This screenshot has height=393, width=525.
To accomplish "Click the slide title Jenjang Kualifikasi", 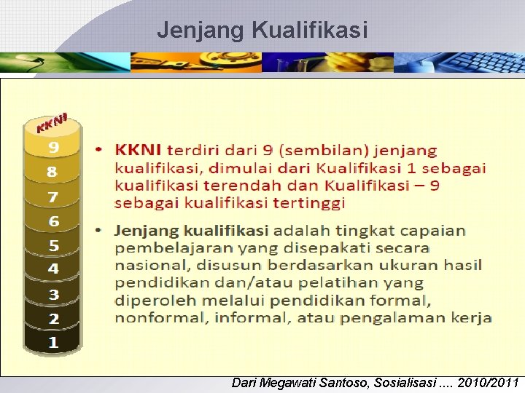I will [262, 31].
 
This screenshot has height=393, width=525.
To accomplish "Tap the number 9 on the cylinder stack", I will [53, 147].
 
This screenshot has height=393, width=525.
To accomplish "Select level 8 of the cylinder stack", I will [52, 172].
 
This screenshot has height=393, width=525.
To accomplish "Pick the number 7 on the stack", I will [52, 196].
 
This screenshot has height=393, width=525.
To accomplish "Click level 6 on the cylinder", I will [53, 221].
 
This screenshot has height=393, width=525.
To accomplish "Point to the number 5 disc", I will [53, 246].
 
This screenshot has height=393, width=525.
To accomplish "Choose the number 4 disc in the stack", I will [53, 269].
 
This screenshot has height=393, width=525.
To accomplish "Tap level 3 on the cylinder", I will [53, 295].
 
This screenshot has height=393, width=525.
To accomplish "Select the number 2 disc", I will [53, 319].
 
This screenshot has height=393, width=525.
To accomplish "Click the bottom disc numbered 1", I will [53, 343].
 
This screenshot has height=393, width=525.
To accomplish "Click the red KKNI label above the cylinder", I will [52, 124].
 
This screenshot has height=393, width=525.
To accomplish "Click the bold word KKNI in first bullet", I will [139, 151].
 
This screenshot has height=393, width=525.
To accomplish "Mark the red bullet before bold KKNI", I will [101, 151].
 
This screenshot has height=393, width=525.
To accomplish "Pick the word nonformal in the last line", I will [149, 317].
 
